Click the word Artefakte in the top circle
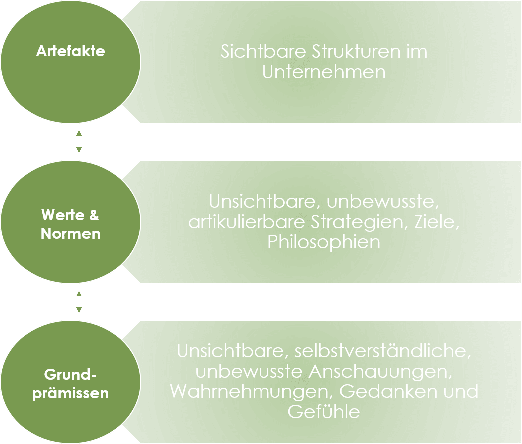point(70,51)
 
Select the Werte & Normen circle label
point(70,224)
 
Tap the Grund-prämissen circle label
point(70,383)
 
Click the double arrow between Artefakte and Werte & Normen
point(79,142)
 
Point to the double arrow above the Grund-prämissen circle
point(79,302)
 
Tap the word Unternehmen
point(324,72)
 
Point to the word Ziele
point(437,222)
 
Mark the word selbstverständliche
point(383,351)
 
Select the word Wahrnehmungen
point(251,391)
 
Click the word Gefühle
point(324,412)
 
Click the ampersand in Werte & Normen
point(94,216)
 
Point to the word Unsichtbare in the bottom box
point(231,351)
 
